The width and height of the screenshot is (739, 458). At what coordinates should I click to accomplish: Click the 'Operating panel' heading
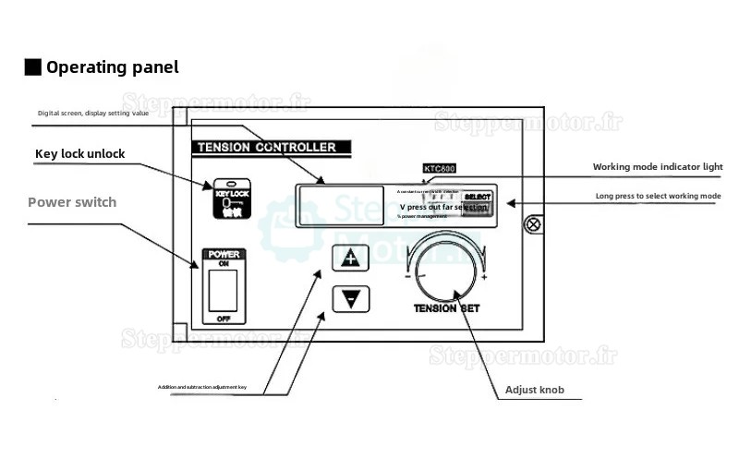pos(113,67)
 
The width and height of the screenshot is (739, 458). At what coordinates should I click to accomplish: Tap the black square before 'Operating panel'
pos(32,67)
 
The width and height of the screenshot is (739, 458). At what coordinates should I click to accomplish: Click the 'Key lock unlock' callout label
pos(79,153)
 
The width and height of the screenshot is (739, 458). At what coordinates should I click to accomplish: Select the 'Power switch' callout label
pos(72,202)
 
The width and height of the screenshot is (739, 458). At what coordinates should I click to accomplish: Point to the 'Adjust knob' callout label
pos(536,390)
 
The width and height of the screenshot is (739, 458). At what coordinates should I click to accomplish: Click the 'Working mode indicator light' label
pos(657,167)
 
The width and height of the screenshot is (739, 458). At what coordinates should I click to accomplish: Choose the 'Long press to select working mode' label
pos(658,197)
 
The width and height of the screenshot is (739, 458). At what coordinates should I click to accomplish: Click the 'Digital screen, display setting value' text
pos(93,114)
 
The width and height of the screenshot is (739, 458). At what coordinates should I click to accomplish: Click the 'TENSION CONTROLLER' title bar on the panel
pos(267,147)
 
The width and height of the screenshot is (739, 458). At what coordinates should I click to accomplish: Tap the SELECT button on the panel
pos(478,198)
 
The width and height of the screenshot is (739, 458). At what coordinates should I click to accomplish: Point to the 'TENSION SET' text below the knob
pos(443,309)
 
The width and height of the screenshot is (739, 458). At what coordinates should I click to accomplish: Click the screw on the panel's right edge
pos(532,224)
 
